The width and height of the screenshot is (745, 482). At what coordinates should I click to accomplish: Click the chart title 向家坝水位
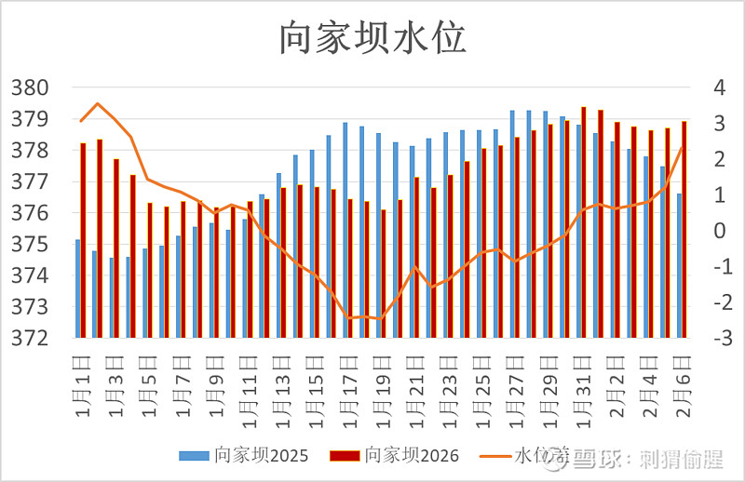[x=372, y=38]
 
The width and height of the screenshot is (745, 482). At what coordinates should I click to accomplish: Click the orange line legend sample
[x=494, y=456]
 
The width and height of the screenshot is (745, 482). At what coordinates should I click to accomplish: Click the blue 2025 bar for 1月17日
[x=345, y=230]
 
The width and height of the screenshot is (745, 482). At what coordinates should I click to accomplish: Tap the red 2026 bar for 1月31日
[x=584, y=222]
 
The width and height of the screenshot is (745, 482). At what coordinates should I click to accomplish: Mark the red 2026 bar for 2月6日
[x=684, y=229]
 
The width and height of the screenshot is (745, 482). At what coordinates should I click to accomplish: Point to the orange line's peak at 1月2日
[x=98, y=103]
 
